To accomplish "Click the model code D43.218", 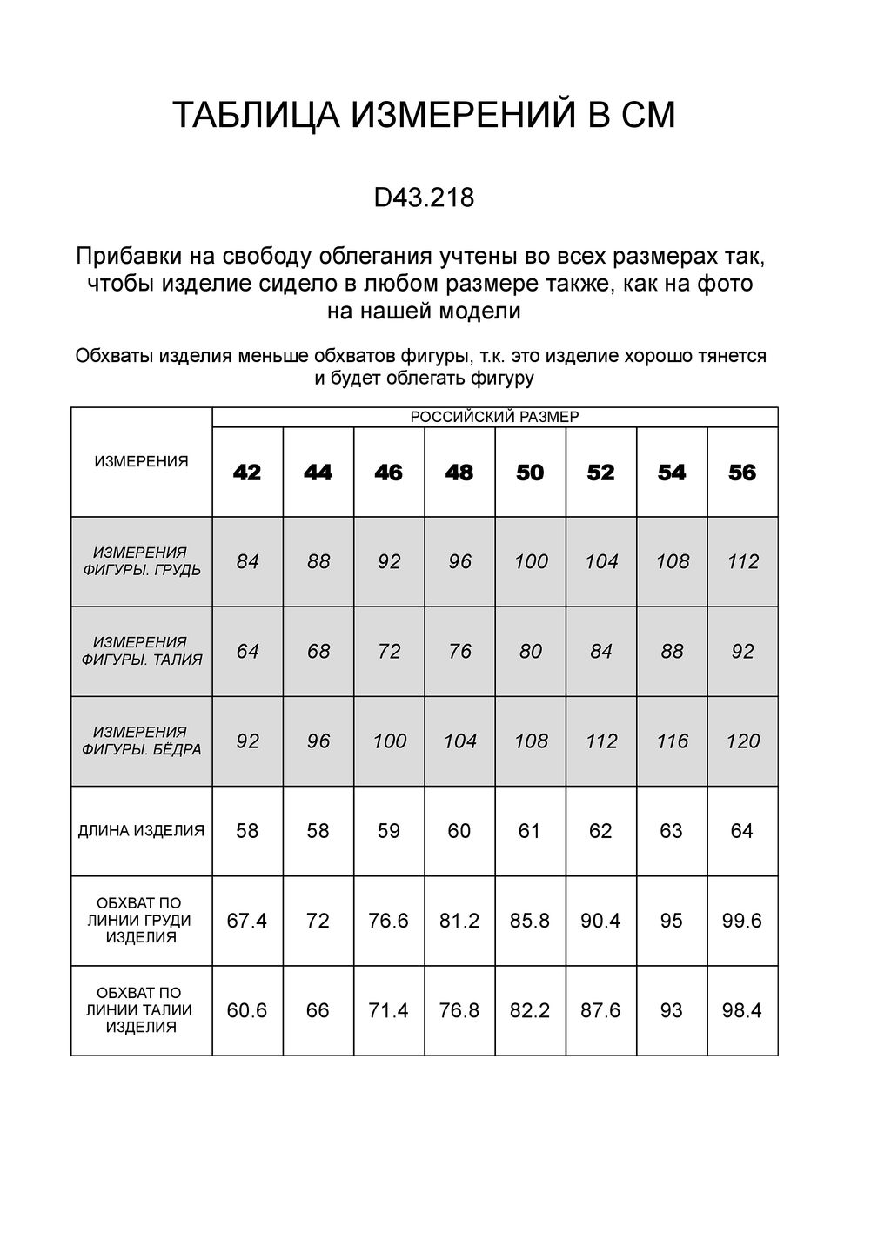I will [424, 198].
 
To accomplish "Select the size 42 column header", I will [247, 473].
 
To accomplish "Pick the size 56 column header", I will [742, 473].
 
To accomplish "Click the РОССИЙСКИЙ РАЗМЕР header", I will [494, 417].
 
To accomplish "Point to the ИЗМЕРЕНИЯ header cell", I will [141, 462].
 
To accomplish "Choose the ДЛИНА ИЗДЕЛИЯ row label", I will [141, 831].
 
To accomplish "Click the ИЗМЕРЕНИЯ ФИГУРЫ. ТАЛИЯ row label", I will [141, 651].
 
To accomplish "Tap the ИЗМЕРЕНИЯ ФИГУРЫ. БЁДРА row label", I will [141, 741].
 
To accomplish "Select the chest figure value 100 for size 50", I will [531, 562].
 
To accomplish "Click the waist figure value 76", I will [459, 652].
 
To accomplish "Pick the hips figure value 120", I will [742, 741].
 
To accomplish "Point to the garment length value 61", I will [530, 831].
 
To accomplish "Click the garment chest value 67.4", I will [247, 921].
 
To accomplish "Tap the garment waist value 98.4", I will [742, 1010].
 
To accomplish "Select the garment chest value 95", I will [672, 921].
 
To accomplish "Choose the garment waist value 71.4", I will [389, 1010].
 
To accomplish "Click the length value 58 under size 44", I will [318, 831].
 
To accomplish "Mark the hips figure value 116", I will [672, 741].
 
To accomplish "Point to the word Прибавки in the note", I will [119, 258].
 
